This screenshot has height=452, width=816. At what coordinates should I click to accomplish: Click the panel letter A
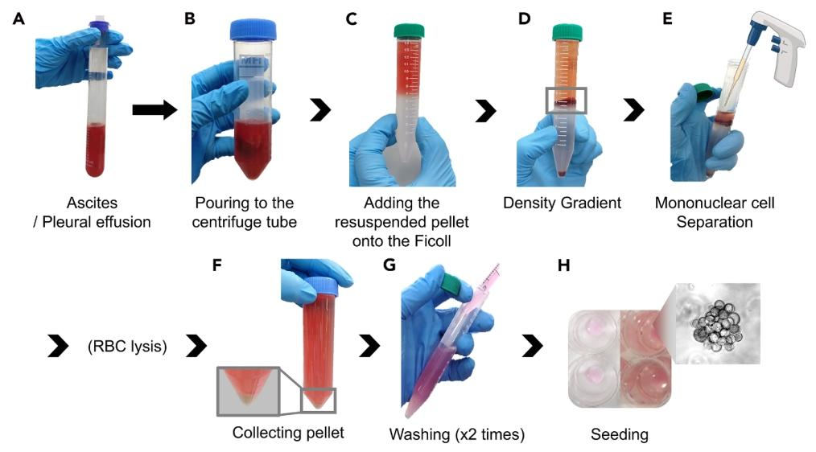(19, 18)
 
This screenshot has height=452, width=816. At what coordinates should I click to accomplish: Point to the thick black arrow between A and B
(154, 110)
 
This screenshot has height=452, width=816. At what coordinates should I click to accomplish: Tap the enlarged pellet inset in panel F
(247, 392)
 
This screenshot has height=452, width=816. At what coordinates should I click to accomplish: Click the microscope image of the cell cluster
(716, 322)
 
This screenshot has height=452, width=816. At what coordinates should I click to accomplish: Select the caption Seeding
(619, 435)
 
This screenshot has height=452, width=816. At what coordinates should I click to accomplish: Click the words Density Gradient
(562, 203)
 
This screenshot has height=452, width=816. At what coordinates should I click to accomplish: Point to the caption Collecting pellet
(288, 433)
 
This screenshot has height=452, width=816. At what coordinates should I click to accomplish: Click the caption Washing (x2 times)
(456, 435)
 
